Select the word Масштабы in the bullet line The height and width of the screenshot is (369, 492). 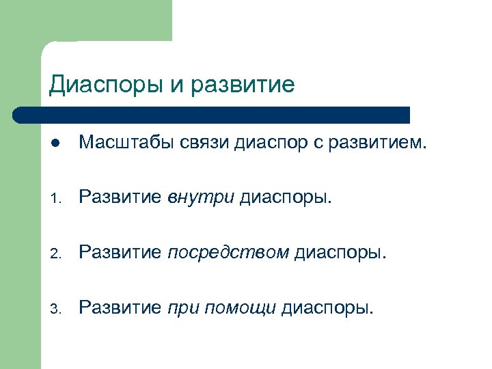pyautogui.click(x=126, y=143)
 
